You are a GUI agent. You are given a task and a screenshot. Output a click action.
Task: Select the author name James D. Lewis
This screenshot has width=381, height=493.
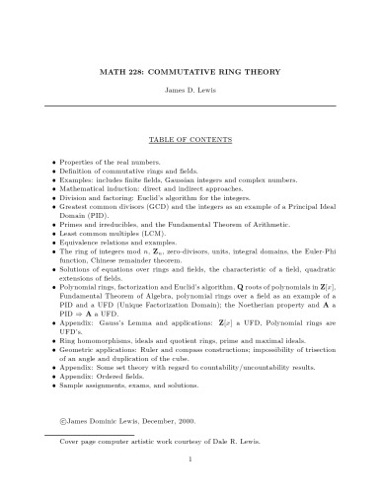190,91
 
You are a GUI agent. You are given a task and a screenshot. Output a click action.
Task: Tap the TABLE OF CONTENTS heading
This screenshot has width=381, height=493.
190,141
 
